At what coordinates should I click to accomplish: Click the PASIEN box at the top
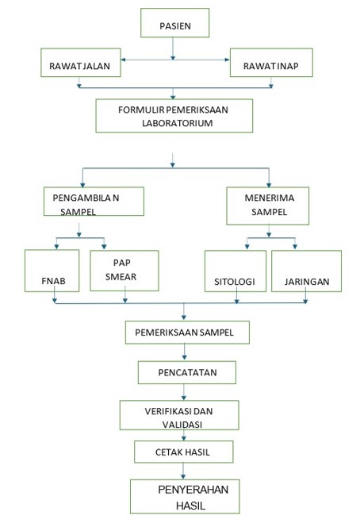[174, 23]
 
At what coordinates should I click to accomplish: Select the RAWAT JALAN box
[81, 63]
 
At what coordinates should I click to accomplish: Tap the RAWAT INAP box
[271, 63]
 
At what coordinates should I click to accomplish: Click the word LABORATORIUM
[178, 123]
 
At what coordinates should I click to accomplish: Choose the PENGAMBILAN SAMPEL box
[94, 201]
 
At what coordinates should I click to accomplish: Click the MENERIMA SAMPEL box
[268, 206]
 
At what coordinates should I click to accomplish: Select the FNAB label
[53, 281]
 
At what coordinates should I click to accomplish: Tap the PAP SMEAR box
[124, 271]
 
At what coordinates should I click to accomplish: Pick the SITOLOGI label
[235, 282]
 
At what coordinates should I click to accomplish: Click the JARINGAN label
[307, 282]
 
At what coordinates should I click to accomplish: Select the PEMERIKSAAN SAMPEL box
[187, 333]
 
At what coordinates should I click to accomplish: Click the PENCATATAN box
[187, 372]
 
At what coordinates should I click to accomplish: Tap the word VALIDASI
[182, 425]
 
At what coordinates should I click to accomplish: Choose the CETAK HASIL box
[184, 452]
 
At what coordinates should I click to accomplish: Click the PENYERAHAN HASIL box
[185, 496]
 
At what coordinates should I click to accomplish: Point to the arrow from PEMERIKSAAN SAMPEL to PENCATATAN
[184, 352]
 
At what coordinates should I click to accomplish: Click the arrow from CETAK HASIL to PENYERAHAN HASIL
[183, 471]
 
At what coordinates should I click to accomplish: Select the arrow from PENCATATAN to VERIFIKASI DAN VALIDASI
[184, 392]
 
